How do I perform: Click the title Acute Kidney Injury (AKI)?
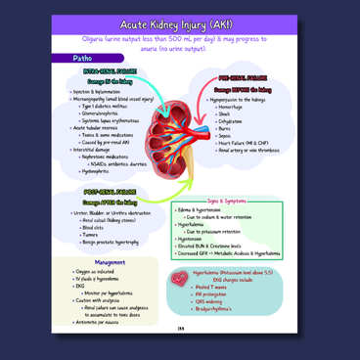point(180,22)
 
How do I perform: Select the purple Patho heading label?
point(84,59)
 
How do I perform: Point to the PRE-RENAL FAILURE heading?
point(244,75)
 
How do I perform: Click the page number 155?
point(180,341)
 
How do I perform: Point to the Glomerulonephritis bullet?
point(107,111)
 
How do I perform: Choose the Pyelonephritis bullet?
point(101,170)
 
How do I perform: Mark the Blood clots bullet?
point(99,227)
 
